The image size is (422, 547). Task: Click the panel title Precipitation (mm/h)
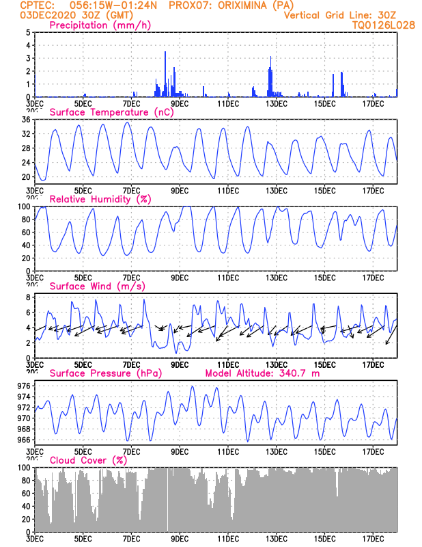pos(100,25)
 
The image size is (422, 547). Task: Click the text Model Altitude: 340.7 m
pos(262,373)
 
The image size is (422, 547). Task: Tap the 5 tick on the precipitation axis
pos(27,32)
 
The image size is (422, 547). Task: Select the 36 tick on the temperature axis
pos(25,120)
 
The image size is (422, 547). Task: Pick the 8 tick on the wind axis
pos(27,297)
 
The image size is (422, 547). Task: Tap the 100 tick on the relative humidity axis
pos(23,206)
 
